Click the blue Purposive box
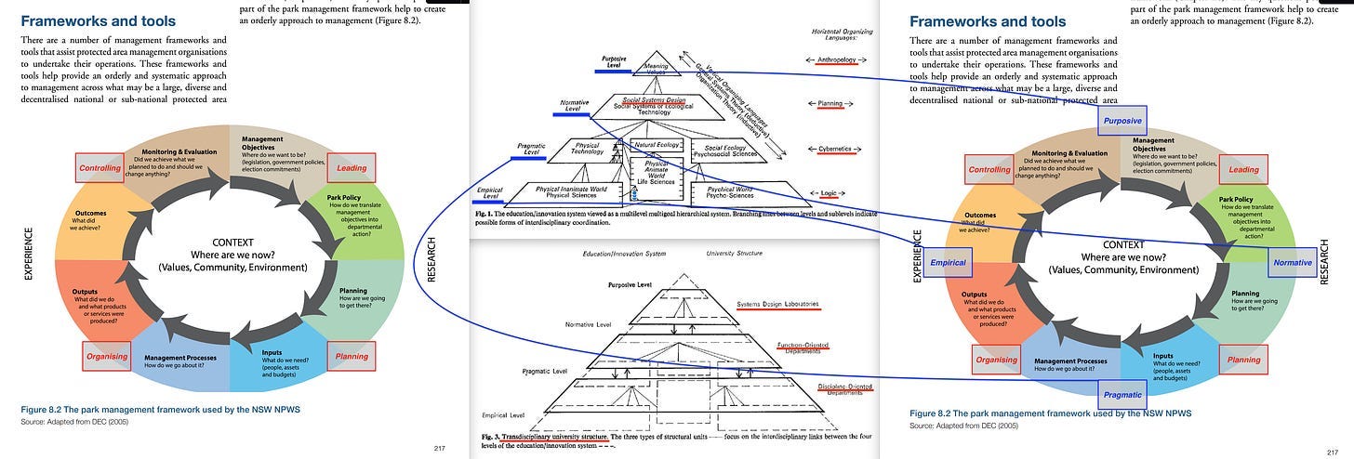[1122, 121]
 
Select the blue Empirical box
[948, 263]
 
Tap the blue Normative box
[1293, 263]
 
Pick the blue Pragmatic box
[1122, 395]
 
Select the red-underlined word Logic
[829, 193]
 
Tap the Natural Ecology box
[657, 146]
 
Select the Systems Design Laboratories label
[777, 304]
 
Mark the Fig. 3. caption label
[492, 435]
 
